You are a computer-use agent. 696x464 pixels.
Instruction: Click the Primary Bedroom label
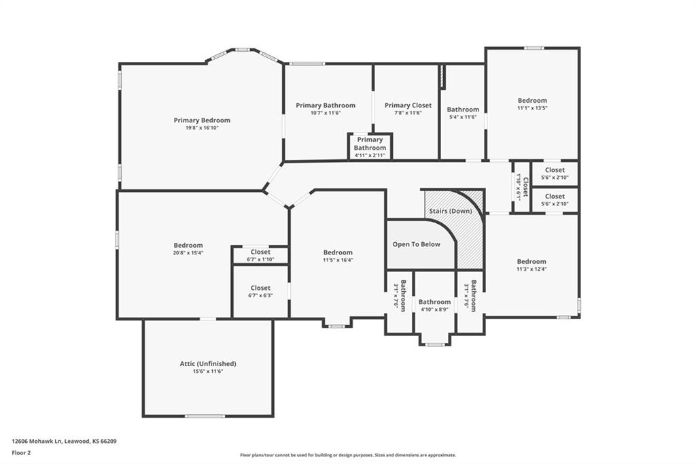[202, 120]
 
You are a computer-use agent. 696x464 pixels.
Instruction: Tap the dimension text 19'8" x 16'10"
[202, 128]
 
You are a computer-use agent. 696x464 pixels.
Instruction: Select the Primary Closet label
[408, 105]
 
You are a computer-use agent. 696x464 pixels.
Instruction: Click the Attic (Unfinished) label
[208, 363]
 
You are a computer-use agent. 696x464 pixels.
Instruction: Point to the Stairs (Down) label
[451, 211]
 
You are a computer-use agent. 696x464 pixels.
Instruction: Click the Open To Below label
[417, 244]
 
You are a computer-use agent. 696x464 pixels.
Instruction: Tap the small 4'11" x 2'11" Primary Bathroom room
[370, 146]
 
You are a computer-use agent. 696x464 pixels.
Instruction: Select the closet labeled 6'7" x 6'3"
[260, 292]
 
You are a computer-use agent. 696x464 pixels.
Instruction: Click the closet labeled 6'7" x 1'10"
[260, 255]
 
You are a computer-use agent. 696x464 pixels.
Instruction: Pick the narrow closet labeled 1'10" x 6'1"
[521, 187]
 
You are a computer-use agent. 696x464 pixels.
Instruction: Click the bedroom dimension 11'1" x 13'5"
[532, 108]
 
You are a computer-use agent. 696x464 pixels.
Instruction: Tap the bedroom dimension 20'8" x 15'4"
[188, 253]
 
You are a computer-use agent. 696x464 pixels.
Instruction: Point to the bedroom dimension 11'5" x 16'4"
[338, 260]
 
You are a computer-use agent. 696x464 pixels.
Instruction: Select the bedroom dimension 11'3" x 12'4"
[532, 269]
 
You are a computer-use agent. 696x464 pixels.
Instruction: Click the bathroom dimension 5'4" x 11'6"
[463, 117]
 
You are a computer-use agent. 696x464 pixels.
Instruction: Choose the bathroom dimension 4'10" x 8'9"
[434, 310]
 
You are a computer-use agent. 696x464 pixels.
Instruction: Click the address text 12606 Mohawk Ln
[37, 442]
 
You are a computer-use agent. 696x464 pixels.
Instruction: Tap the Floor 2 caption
[21, 453]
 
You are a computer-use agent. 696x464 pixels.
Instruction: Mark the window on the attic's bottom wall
[205, 416]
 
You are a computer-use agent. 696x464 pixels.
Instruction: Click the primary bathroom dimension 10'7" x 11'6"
[326, 114]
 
